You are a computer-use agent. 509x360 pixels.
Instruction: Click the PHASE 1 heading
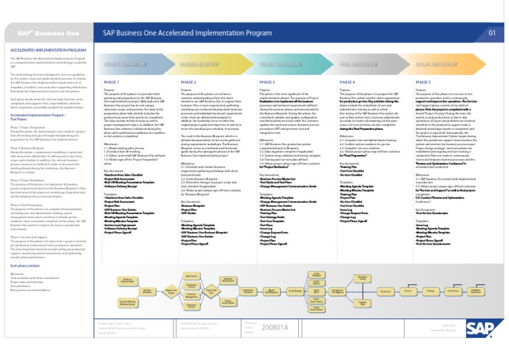(111, 82)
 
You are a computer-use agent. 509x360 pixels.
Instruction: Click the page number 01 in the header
(492, 32)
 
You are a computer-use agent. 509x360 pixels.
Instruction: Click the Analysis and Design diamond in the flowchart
(171, 291)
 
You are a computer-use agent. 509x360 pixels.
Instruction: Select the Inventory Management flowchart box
(191, 295)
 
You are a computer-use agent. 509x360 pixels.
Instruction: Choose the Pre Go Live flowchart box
(384, 291)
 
